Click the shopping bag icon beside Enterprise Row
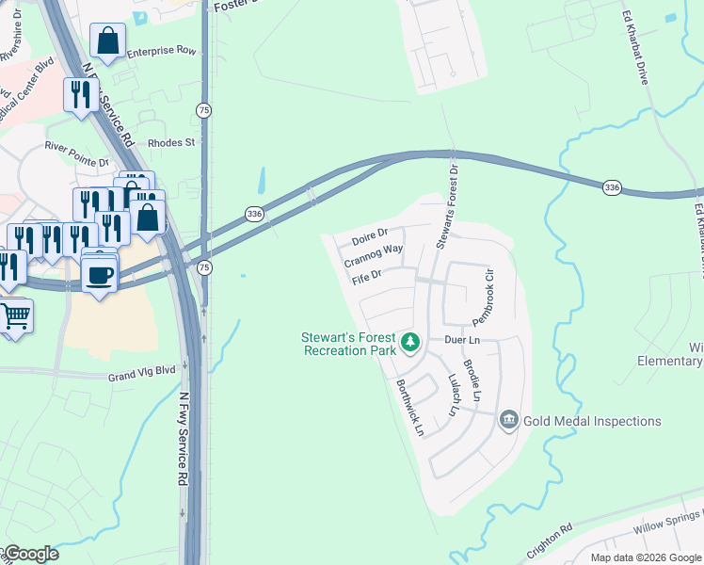[x=108, y=41]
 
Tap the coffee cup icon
[x=100, y=275]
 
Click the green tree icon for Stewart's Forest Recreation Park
[x=409, y=342]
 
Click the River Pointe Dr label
[x=78, y=154]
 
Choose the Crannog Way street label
[x=373, y=255]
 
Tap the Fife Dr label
[x=366, y=277]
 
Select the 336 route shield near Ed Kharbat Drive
[x=613, y=188]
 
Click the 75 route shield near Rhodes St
[x=204, y=111]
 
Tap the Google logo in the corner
[x=31, y=554]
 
